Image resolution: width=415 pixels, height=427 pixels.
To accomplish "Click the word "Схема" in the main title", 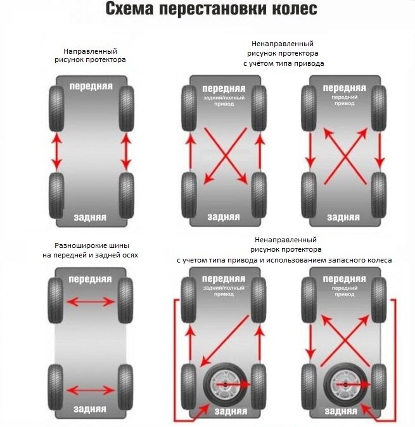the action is coord(130,9).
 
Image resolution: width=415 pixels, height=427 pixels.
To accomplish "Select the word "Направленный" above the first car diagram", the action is coord(90,51).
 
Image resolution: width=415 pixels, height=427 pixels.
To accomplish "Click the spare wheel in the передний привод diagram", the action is coord(346,385).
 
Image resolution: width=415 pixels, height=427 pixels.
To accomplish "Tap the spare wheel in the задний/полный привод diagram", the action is coord(226,385).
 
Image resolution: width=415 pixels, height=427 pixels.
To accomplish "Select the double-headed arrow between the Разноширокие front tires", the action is coord(91,302).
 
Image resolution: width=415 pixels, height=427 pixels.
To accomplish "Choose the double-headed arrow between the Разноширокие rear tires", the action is coord(91,390).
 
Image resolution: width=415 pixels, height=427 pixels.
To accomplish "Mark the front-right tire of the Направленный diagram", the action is coord(126,109).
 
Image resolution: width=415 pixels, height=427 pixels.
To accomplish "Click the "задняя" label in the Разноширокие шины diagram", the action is coord(90,409).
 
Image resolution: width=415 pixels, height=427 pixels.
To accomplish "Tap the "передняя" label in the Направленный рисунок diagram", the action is coord(91,86).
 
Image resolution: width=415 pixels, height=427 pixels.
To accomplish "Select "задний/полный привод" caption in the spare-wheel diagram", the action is coord(224,291).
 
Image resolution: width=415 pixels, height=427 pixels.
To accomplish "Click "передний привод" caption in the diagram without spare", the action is coord(345,100).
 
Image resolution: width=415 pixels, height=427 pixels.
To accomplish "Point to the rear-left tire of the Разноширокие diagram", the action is coord(55,387).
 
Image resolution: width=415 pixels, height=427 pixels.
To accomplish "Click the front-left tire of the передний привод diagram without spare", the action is coord(309,108).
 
